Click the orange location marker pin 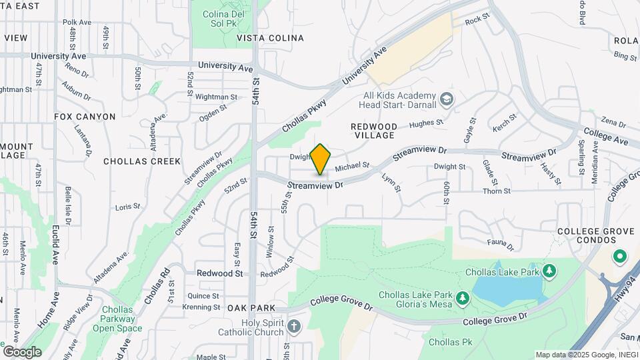point(321,159)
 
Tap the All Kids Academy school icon point(447,101)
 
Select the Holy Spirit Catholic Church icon point(294,326)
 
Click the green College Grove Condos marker point(619,256)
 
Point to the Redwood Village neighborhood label point(375,131)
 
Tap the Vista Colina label point(270,38)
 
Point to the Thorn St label point(497,191)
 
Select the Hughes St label point(426,123)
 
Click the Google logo point(22,351)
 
